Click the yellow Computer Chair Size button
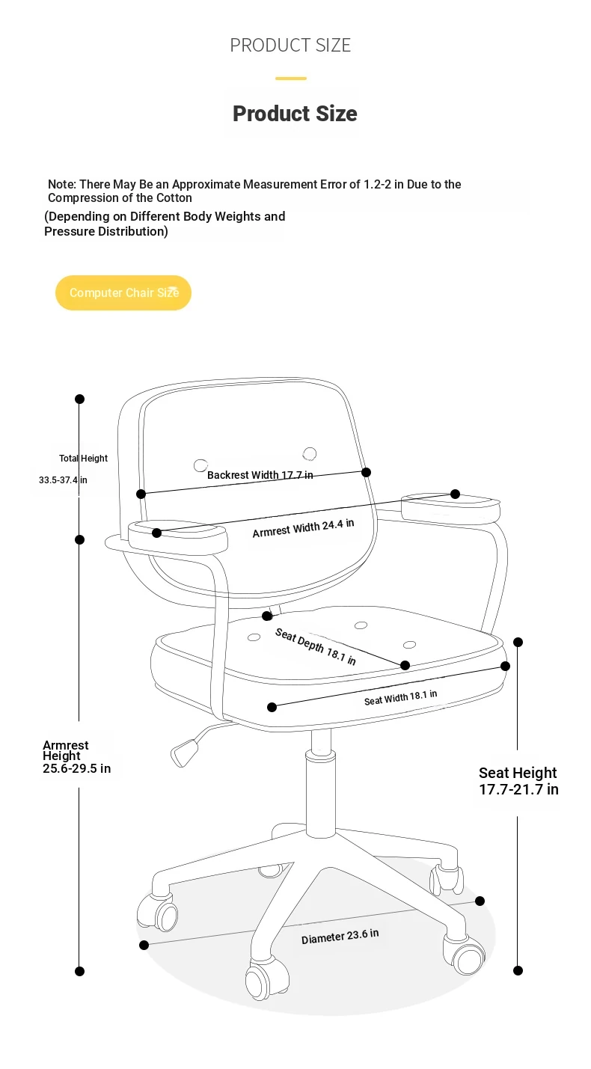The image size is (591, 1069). [x=123, y=292]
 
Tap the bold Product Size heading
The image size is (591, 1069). [x=295, y=114]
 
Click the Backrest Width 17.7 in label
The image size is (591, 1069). [x=260, y=475]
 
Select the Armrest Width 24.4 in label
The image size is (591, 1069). [x=303, y=528]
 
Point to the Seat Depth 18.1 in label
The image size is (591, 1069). [x=316, y=646]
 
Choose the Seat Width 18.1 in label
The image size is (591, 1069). [x=400, y=698]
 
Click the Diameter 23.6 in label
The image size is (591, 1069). [x=340, y=937]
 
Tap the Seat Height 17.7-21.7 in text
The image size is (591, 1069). [x=519, y=781]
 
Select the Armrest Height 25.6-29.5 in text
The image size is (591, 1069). [x=76, y=757]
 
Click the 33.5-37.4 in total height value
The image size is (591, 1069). [x=63, y=480]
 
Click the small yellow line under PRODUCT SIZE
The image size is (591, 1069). [x=291, y=79]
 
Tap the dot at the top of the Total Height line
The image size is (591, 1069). [x=80, y=399]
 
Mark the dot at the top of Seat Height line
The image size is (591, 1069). [x=518, y=643]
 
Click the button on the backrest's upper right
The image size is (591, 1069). [x=310, y=453]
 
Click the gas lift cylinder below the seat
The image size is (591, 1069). [x=321, y=782]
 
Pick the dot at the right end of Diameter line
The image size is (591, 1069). [x=480, y=901]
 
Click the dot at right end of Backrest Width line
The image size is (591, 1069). [x=366, y=473]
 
